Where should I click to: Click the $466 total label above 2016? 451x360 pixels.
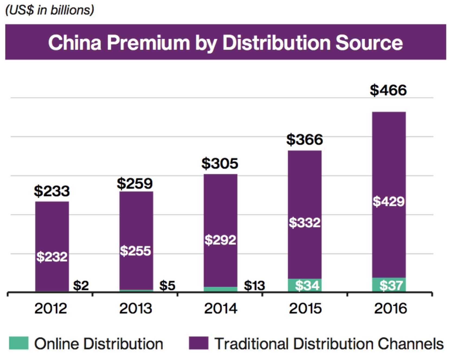(388, 90)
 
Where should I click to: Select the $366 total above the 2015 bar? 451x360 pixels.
(304, 140)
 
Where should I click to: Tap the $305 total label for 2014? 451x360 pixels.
(220, 163)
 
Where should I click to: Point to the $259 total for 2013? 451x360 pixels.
(135, 184)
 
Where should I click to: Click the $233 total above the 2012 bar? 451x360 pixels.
(52, 191)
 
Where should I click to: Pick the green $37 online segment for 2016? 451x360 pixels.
(389, 285)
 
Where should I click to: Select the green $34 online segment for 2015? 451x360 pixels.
(305, 285)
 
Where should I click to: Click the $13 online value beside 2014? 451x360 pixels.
(254, 285)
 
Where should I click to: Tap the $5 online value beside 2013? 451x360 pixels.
(167, 285)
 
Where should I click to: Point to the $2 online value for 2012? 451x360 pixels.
(81, 285)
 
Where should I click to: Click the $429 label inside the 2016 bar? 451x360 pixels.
(388, 201)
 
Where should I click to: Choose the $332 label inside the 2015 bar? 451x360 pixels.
(304, 223)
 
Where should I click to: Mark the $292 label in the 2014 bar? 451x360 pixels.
(220, 240)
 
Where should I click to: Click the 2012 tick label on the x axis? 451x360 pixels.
(51, 308)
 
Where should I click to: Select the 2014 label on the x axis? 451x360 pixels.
(221, 308)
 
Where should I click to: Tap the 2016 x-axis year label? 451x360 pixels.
(390, 308)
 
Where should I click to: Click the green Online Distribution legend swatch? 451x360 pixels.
(19, 343)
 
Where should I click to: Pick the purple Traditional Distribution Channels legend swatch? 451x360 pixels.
(199, 343)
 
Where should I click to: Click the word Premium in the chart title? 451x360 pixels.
(148, 43)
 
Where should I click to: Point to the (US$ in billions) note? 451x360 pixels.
(50, 10)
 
